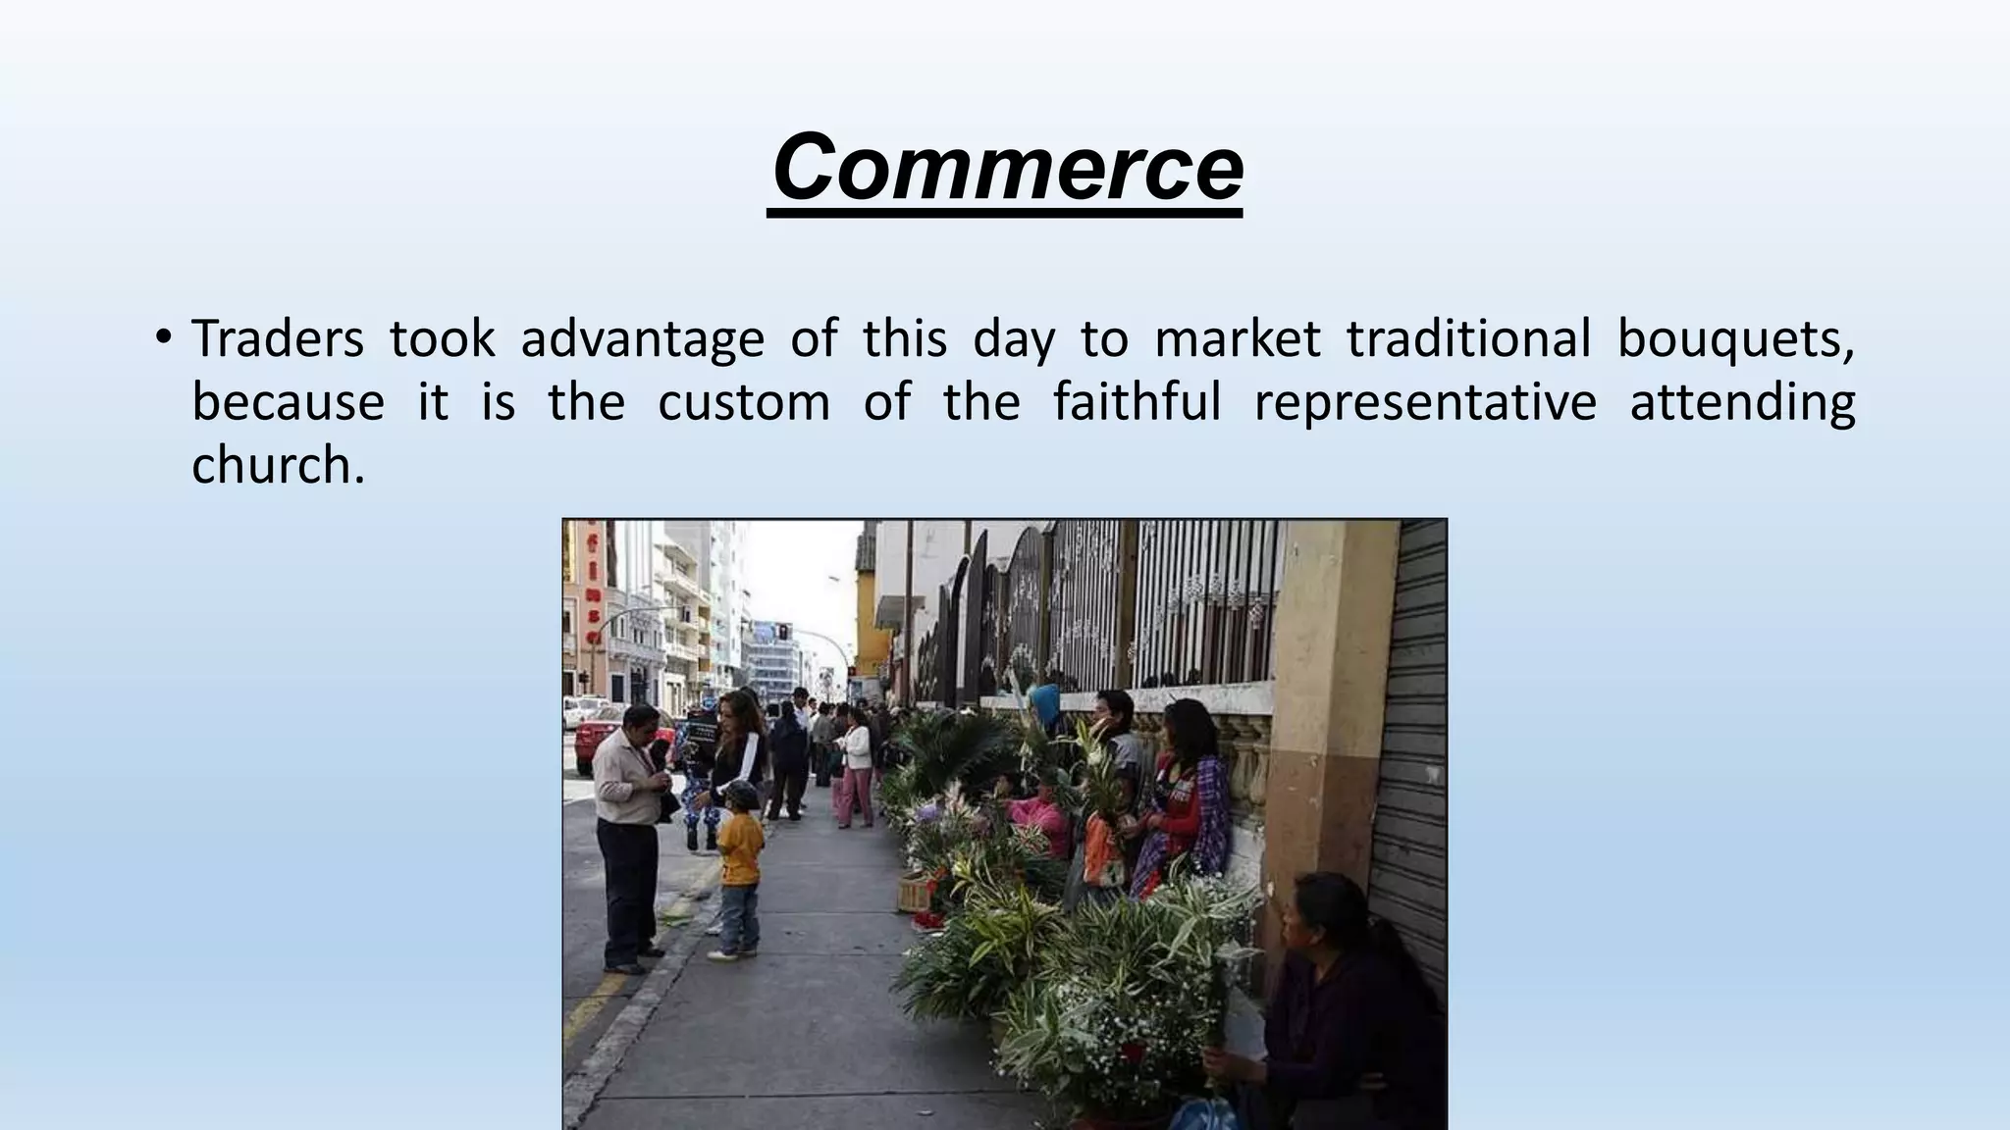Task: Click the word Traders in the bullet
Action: [277, 338]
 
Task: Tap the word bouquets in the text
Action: [1735, 340]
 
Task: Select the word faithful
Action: [1137, 402]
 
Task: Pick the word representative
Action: [1425, 402]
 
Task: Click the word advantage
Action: [642, 340]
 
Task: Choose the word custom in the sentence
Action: [744, 402]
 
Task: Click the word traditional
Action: [1468, 338]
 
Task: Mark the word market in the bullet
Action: [1237, 338]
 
